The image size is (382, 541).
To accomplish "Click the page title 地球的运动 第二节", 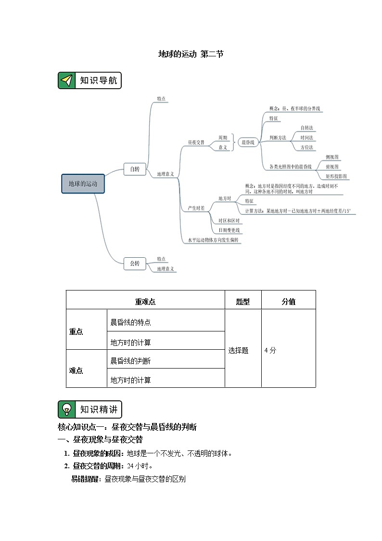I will click(x=191, y=54).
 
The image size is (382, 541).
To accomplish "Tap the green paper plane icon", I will click(x=67, y=80).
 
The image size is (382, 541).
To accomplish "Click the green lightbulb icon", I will click(x=67, y=409).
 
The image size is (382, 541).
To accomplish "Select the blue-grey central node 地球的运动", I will click(x=83, y=184).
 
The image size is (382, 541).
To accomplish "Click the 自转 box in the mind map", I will click(x=135, y=169).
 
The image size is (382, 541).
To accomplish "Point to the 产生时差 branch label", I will click(x=196, y=208).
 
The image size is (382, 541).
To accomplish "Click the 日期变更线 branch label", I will click(x=229, y=230).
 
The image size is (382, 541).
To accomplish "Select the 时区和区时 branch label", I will click(x=229, y=220).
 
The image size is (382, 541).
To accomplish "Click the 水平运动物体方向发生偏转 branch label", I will click(x=213, y=239).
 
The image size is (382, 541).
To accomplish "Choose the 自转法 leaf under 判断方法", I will click(x=306, y=128).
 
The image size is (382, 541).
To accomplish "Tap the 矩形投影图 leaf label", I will click(x=336, y=176).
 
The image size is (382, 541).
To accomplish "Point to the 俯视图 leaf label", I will click(x=332, y=167).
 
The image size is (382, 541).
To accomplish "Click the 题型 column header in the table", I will click(x=243, y=302).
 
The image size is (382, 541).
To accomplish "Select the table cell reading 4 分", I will click(x=270, y=350).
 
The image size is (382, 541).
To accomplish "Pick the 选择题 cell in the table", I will click(x=239, y=350).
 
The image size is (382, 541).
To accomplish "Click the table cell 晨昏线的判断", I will click(x=131, y=360).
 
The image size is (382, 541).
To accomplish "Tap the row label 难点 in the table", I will click(x=76, y=370).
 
